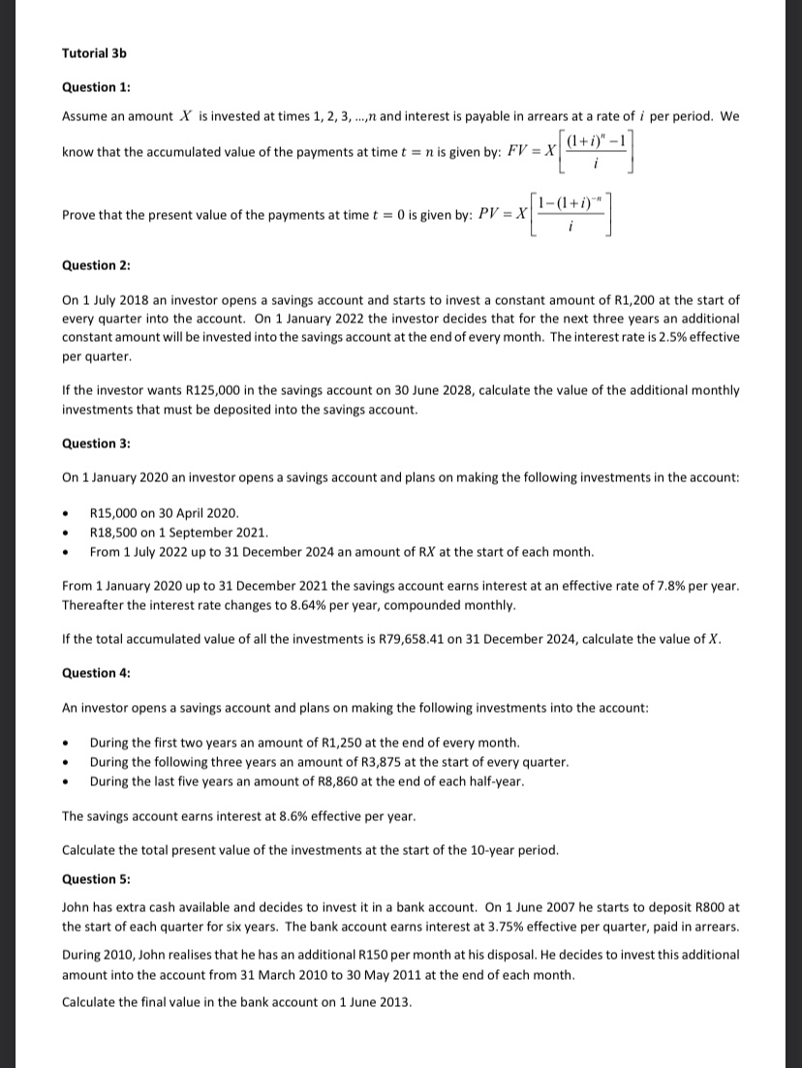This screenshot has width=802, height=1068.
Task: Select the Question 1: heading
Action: tap(96, 86)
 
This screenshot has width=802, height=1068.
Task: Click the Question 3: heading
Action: tap(96, 442)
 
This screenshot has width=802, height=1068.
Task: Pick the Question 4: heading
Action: tap(96, 672)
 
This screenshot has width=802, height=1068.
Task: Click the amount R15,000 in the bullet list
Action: tap(114, 512)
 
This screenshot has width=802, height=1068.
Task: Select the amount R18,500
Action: tap(114, 532)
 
